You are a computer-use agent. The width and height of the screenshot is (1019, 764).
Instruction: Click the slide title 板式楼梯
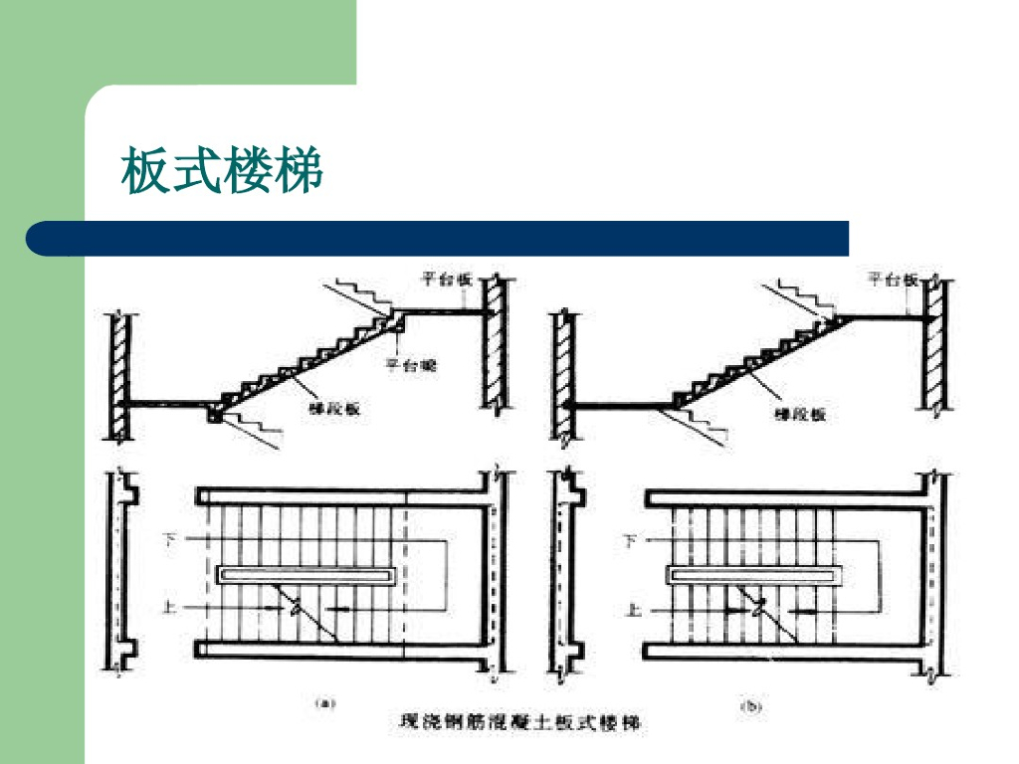point(222,170)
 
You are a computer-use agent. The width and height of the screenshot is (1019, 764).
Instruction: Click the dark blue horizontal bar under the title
point(438,239)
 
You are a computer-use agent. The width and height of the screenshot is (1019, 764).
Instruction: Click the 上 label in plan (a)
point(170,605)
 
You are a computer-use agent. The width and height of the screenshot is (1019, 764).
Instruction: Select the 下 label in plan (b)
point(628,541)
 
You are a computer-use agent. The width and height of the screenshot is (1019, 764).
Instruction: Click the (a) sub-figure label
point(325,702)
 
